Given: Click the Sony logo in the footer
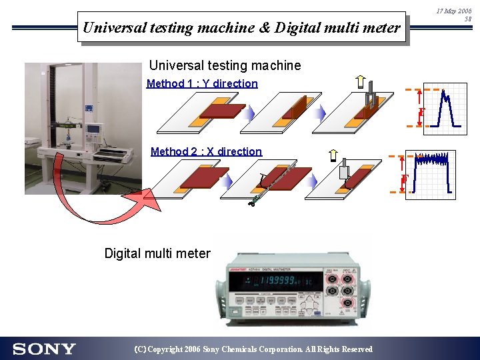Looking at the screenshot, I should (44, 349).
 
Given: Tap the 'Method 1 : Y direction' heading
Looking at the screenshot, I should (202, 83).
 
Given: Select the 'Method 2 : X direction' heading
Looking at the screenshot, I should (206, 151).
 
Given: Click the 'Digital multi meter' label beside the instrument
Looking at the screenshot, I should (157, 253).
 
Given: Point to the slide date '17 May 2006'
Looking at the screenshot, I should (454, 11).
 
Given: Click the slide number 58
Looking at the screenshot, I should (467, 20).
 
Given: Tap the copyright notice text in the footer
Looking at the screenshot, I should (253, 349).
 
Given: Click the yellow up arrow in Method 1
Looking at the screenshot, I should (360, 82).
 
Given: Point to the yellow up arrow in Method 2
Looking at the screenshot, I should (333, 156).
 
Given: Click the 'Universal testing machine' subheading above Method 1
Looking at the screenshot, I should (225, 65).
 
